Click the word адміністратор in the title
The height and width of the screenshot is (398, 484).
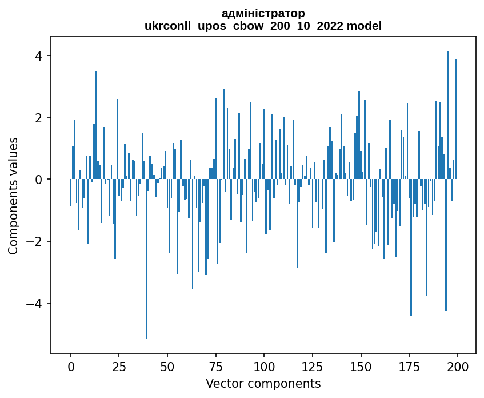click(x=263, y=13)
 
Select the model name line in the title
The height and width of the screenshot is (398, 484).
click(x=263, y=26)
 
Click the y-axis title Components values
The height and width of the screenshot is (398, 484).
click(x=13, y=196)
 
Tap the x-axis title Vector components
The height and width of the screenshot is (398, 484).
click(x=263, y=383)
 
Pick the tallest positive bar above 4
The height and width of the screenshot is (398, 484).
click(x=448, y=114)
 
